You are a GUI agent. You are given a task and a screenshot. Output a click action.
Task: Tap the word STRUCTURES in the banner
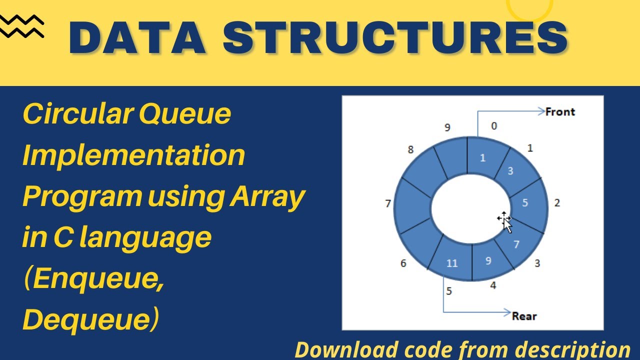(x=395, y=39)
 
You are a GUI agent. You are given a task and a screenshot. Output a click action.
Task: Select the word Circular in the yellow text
(x=76, y=114)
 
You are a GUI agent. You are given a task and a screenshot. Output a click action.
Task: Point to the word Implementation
(x=134, y=155)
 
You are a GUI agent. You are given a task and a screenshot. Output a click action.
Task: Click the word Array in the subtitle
(x=267, y=197)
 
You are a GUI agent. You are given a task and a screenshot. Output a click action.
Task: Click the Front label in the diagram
(x=560, y=112)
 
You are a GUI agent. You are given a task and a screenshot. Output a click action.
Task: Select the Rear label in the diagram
(x=524, y=316)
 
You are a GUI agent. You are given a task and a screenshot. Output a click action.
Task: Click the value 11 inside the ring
(x=451, y=263)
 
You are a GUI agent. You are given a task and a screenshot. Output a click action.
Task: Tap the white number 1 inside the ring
(x=482, y=158)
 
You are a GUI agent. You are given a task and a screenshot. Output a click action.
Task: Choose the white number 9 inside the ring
(x=488, y=260)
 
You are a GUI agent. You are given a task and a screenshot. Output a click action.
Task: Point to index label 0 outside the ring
(x=494, y=126)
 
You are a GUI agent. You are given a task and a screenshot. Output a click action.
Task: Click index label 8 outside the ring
(x=410, y=149)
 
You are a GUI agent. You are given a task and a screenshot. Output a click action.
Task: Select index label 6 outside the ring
(x=403, y=263)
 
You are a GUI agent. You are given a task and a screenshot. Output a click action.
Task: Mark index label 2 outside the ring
(x=557, y=203)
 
